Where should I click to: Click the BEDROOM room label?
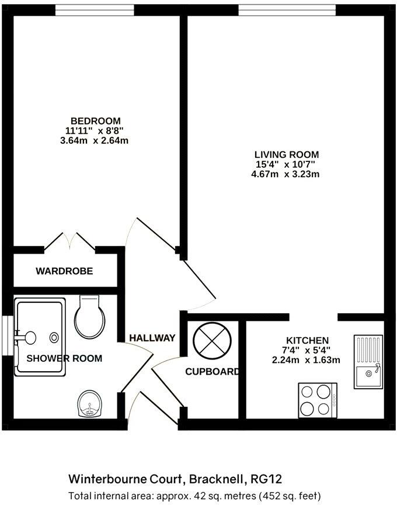pyautogui.click(x=96, y=121)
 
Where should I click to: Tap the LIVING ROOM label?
pyautogui.click(x=287, y=154)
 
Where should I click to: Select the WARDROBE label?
pyautogui.click(x=64, y=271)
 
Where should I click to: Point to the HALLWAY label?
pyautogui.click(x=152, y=338)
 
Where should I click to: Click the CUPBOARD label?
pyautogui.click(x=213, y=372)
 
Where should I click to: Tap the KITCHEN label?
pyautogui.click(x=307, y=340)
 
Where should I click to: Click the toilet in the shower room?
pyautogui.click(x=89, y=317)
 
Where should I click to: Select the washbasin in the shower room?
pyautogui.click(x=90, y=404)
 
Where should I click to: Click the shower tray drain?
pyautogui.click(x=54, y=337)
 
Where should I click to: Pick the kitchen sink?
pyautogui.click(x=368, y=362)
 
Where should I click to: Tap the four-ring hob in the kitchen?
pyautogui.click(x=318, y=400)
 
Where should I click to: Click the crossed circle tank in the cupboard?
pyautogui.click(x=212, y=341)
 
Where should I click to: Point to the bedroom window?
pyautogui.click(x=95, y=11)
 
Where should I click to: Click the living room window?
pyautogui.click(x=287, y=11)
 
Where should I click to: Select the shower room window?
pyautogui.click(x=7, y=335)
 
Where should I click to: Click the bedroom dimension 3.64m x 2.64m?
pyautogui.click(x=94, y=141)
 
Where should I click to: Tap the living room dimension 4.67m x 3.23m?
pyautogui.click(x=285, y=174)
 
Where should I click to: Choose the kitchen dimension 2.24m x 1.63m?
pyautogui.click(x=306, y=359)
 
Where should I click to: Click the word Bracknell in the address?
pyautogui.click(x=216, y=479)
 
